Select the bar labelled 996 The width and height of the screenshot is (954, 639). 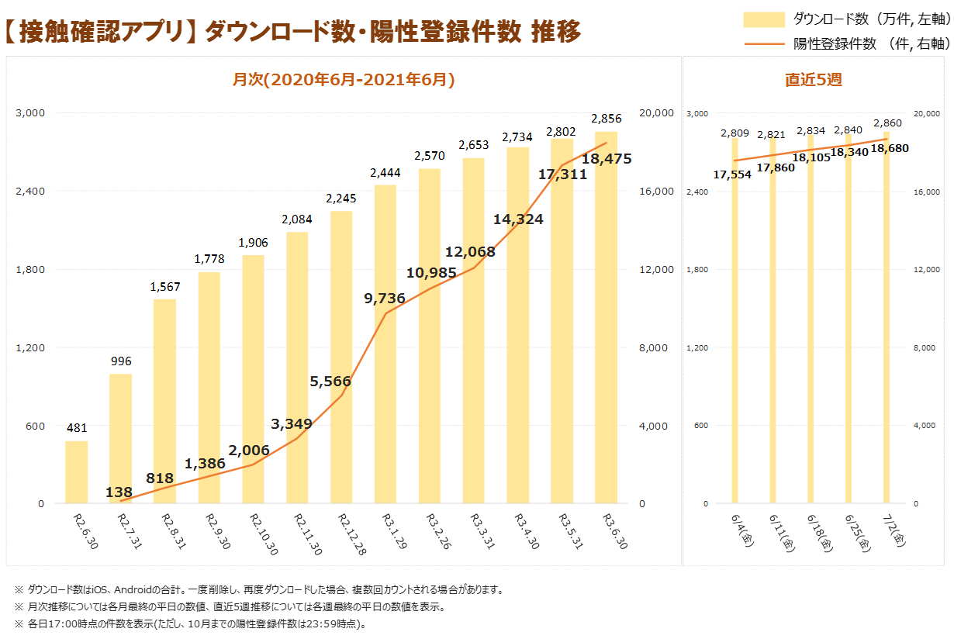click(x=120, y=439)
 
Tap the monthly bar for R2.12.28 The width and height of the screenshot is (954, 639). click(x=341, y=357)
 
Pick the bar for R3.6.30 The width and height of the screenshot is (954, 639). click(x=607, y=318)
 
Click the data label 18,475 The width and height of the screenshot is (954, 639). click(x=607, y=159)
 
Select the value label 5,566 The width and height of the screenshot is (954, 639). click(x=330, y=382)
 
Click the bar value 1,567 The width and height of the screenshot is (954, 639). click(x=164, y=287)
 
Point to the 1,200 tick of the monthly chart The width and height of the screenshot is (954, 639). click(x=29, y=347)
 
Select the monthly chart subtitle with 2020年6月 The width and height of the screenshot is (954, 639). click(x=344, y=79)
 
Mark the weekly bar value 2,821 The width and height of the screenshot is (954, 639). click(x=772, y=135)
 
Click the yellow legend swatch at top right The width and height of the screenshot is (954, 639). click(x=764, y=20)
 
